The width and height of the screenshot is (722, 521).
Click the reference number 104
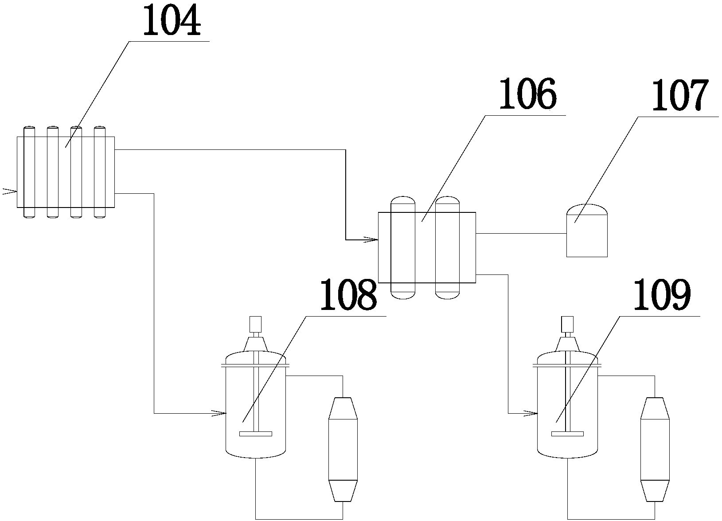(x=171, y=21)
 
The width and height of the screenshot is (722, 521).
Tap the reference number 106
(x=527, y=94)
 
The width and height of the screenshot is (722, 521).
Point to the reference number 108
(x=348, y=294)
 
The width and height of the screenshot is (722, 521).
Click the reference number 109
(x=662, y=295)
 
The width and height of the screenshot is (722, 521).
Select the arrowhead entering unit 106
(x=371, y=240)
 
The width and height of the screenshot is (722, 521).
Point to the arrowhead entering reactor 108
(x=219, y=413)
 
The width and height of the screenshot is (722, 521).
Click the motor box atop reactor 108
(x=255, y=324)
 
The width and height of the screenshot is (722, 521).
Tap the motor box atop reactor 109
(x=567, y=324)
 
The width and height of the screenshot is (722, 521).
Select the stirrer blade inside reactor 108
(x=255, y=433)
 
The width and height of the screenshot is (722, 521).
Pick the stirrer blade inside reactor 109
(x=567, y=433)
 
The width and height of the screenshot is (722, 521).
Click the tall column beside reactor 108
(x=343, y=449)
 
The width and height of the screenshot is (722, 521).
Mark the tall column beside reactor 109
(x=654, y=449)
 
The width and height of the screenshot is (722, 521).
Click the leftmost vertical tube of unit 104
(x=29, y=172)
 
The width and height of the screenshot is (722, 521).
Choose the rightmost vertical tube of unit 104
(x=99, y=172)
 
